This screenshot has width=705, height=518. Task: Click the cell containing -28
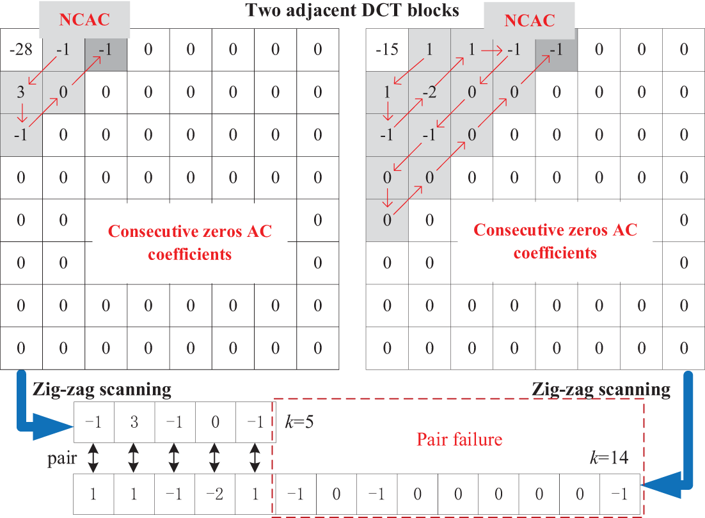[20, 49]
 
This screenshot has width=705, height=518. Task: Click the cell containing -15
[386, 49]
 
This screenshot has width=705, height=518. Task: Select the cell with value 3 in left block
[20, 92]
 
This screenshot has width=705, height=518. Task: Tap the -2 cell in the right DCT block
[429, 92]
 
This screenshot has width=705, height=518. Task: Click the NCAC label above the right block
[530, 20]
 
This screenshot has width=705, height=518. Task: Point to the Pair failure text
[459, 439]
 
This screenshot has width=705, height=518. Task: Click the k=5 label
[299, 423]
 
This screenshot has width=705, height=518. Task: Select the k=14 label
[608, 458]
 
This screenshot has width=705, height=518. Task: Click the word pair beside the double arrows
[63, 459]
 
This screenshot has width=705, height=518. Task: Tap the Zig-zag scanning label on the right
[601, 389]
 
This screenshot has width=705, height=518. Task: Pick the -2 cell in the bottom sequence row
[214, 494]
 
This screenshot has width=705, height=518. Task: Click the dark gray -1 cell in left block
[106, 49]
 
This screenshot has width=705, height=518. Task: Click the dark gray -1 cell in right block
[556, 49]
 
